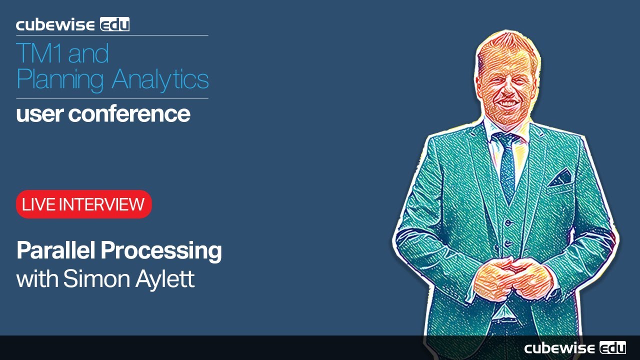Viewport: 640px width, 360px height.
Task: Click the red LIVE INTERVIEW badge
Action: pos(83,204)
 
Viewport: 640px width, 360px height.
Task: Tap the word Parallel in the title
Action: pos(56,251)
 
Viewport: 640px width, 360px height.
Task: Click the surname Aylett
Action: pos(166,279)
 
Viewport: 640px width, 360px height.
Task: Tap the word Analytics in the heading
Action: pos(160,79)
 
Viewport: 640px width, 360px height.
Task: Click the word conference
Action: pos(129,114)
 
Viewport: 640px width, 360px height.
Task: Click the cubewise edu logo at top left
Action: pos(72,24)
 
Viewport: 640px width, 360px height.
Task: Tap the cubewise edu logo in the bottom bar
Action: pos(574,348)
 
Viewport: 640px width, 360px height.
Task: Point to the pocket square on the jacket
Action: pos(561,177)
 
